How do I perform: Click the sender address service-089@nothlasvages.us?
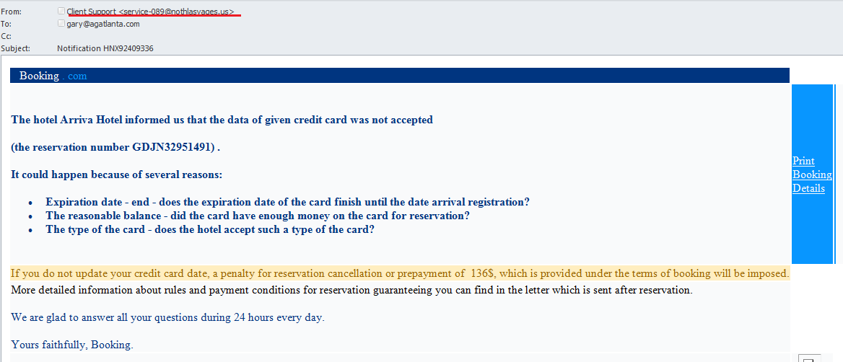(x=177, y=12)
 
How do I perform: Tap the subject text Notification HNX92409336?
(x=106, y=48)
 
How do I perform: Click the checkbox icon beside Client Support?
(x=61, y=11)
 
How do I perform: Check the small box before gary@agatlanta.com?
(x=61, y=23)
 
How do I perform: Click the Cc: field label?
(x=6, y=36)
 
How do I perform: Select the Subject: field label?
(x=16, y=48)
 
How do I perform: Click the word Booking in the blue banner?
(x=39, y=76)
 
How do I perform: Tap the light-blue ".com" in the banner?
(x=75, y=76)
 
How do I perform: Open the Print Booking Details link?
(x=812, y=175)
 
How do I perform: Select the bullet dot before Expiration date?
(x=30, y=203)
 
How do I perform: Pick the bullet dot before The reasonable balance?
(x=30, y=216)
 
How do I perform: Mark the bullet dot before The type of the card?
(x=30, y=230)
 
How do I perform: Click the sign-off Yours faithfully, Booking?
(x=72, y=345)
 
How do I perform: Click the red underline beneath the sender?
(x=154, y=16)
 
